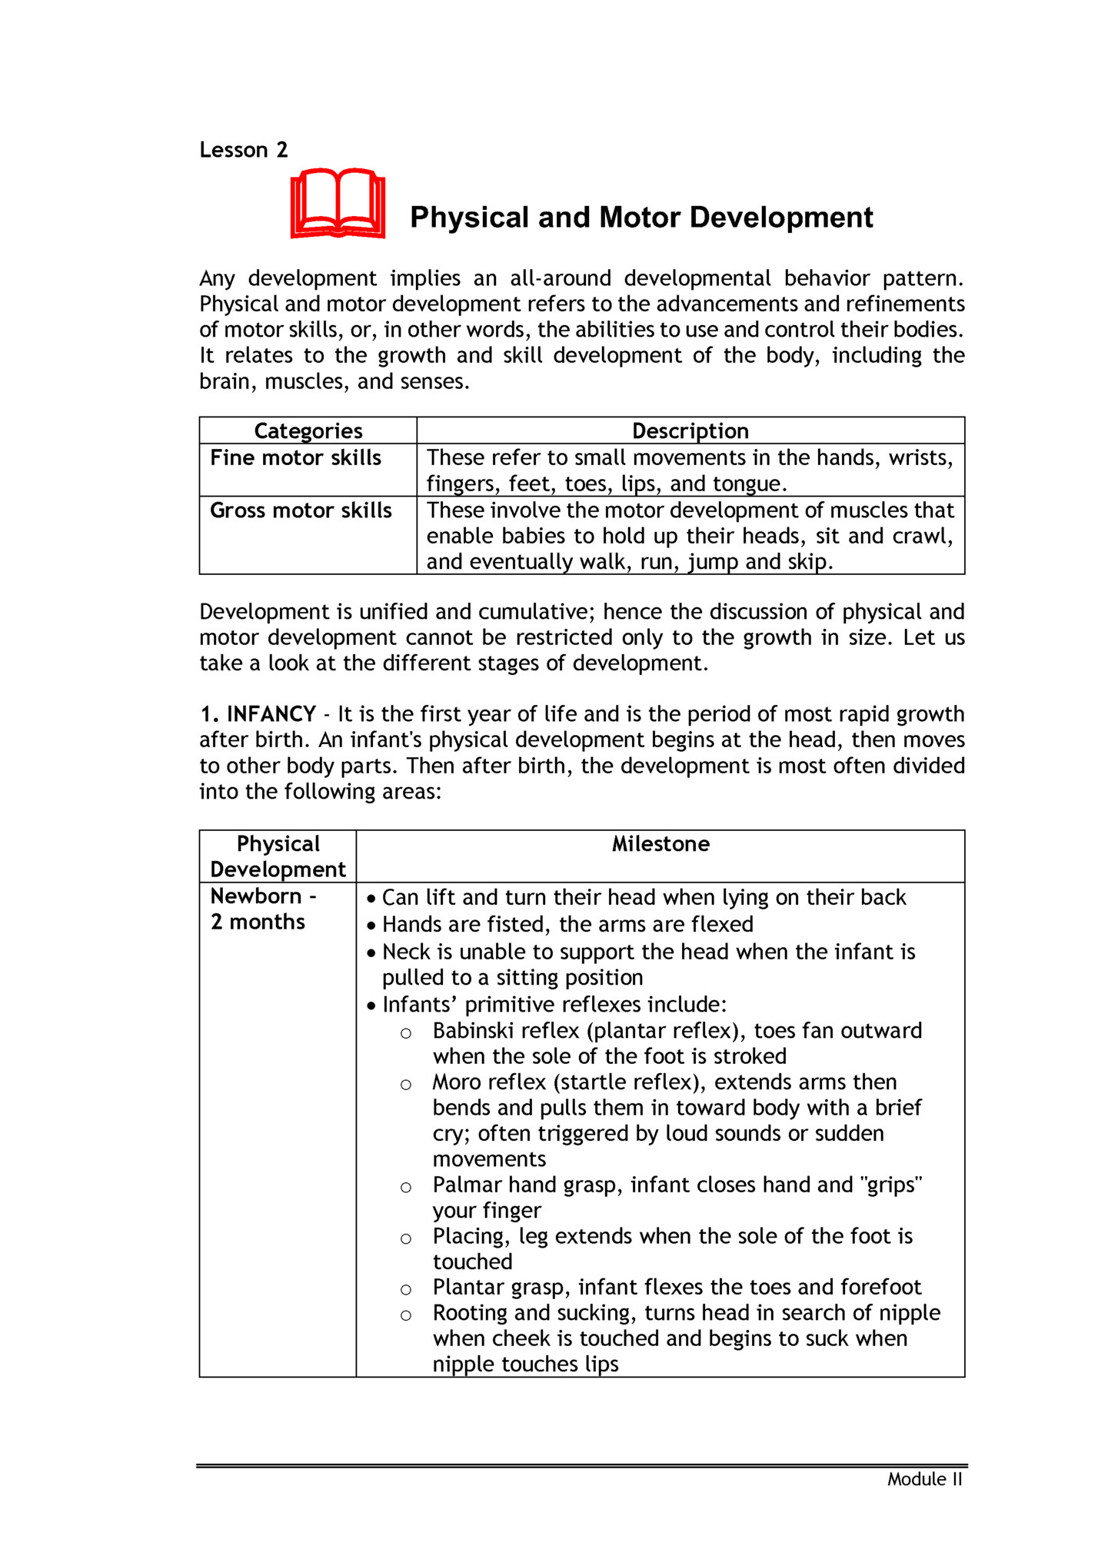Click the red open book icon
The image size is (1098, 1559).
coord(338,204)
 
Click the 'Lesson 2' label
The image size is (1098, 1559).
coord(243,150)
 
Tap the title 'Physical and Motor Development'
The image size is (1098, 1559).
coord(641,218)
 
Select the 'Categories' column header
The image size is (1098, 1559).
coord(308,431)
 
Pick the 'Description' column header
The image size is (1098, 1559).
coord(690,431)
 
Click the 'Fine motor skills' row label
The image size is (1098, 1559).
coord(296,458)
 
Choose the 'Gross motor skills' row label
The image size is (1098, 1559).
coord(301,511)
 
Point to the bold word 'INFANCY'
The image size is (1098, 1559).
coord(271,714)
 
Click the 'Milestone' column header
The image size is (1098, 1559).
coord(660,844)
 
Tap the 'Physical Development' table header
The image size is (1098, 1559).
coord(278,856)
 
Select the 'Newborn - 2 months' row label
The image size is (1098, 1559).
coord(262,909)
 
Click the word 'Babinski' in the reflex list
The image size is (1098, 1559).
coord(467,1031)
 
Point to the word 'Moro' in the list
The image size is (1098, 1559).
coord(457,1082)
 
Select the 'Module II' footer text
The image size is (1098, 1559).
coord(924,1480)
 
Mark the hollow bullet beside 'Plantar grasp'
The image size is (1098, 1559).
coord(406,1289)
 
